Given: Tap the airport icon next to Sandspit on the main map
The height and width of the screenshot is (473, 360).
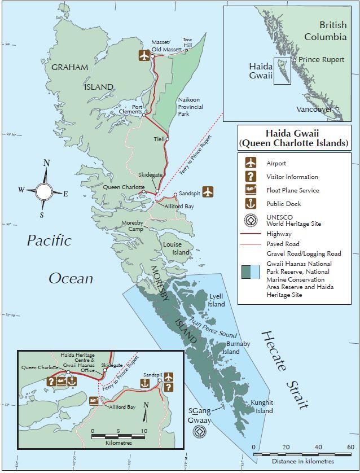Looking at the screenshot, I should pos(208,191).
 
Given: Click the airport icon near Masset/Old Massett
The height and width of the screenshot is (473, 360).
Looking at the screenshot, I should pos(144,55).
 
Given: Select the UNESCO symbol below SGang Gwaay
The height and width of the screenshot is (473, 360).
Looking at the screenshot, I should pos(198,432).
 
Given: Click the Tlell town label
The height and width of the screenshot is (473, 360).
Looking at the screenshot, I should pos(159,139).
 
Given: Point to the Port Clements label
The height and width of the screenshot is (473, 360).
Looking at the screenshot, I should pos(134,109).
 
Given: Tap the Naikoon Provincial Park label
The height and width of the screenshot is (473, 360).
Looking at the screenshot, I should pos(191,106).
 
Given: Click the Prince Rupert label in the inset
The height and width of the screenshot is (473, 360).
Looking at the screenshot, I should pos(321,60).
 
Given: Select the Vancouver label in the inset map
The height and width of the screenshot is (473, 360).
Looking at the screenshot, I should pos(315,110).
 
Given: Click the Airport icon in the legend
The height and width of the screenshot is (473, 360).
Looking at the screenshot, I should pos(250,163).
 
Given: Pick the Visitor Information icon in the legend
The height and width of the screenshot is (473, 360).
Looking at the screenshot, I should pos(250,177).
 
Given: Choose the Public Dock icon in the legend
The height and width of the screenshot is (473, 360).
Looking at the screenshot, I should pos(250,204).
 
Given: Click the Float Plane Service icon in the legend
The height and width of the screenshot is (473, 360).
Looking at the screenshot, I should pos(250,190).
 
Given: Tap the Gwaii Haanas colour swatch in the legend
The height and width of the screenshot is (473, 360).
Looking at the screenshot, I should pos(250,273).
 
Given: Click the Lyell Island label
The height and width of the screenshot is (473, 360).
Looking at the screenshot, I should pos(217,300).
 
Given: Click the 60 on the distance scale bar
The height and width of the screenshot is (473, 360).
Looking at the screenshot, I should pos(350,447).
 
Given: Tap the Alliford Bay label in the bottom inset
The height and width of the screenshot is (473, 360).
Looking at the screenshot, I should pos(122,406).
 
